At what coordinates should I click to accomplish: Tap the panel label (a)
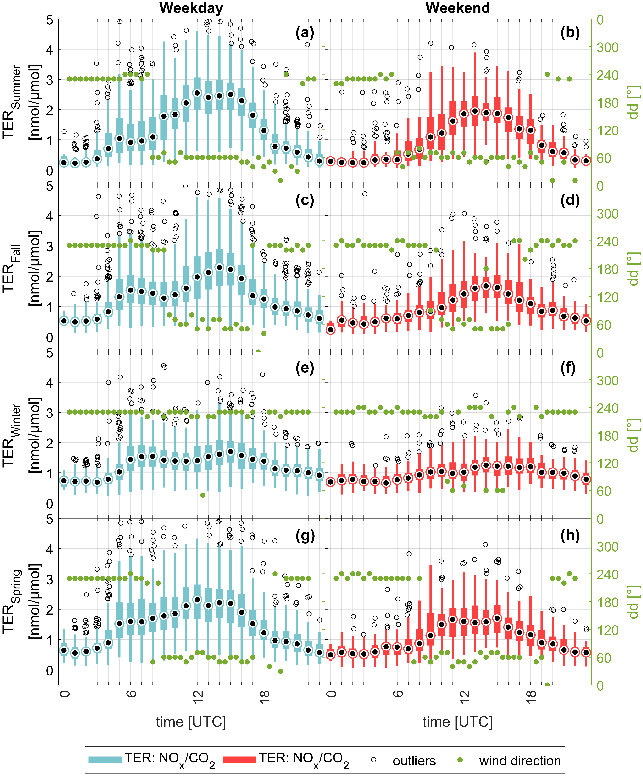point(305,33)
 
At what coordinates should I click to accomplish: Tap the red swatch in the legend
point(239,760)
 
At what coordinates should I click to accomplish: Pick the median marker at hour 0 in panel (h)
point(330,655)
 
